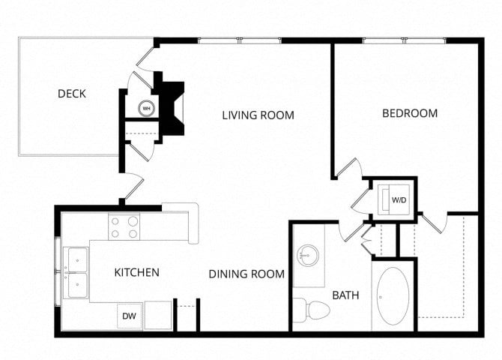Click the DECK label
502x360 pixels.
coord(72,94)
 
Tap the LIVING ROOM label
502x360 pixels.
coord(258,115)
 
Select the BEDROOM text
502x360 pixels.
coord(410,113)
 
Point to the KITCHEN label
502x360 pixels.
coord(136,272)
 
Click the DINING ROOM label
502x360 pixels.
coord(247,274)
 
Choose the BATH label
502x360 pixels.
coord(345,295)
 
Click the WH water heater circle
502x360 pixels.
coord(146,108)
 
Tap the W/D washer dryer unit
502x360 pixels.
coord(394,199)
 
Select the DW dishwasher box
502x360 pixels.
coord(130,316)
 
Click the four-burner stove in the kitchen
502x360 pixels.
coord(124,226)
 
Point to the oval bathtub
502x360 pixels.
coord(393,296)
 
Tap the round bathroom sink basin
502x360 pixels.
coord(307,255)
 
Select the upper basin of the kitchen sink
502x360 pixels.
coord(77,259)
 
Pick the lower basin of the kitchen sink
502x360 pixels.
coord(77,285)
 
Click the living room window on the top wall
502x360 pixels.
coord(240,40)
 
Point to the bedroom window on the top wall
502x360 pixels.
coord(405,40)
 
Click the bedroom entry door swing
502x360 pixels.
coord(350,168)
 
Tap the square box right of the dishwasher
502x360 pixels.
coord(158,315)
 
